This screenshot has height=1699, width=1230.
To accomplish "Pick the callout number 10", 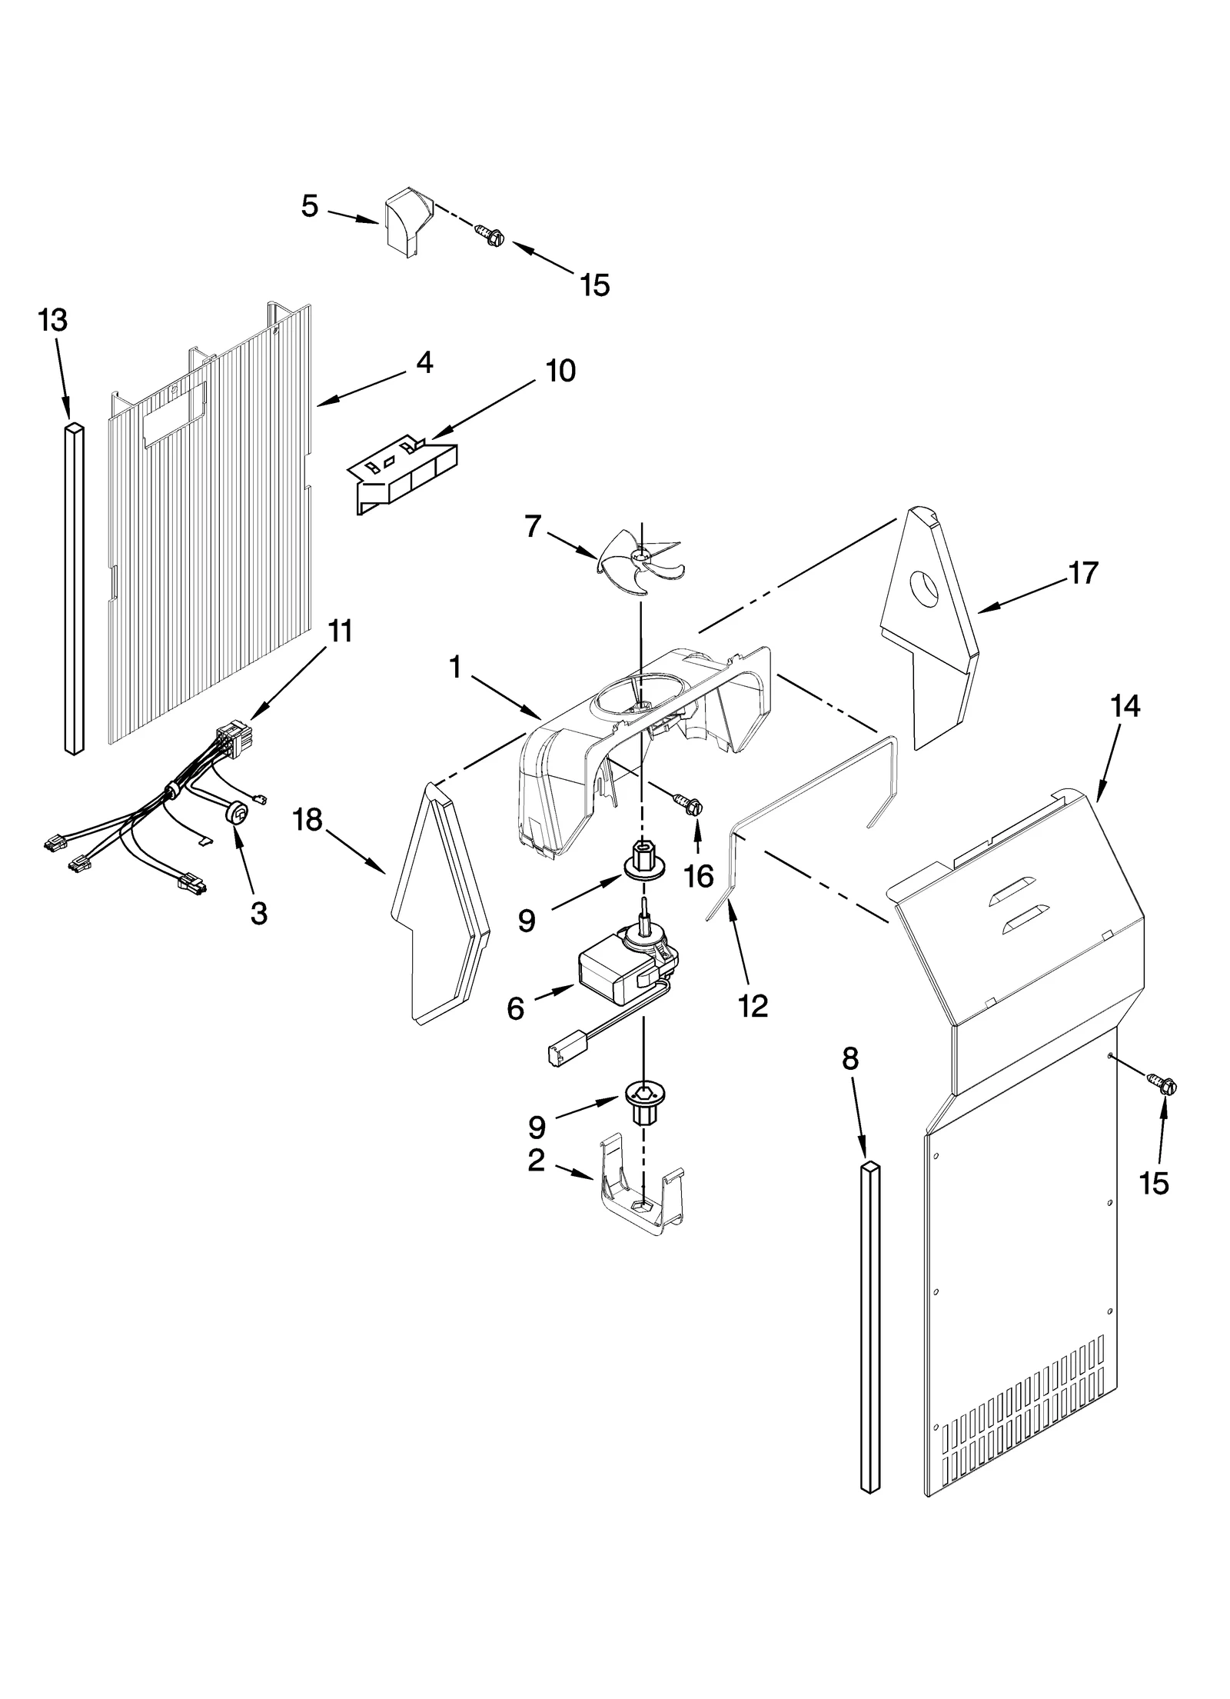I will [560, 371].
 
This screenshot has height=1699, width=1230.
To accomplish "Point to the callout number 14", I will [1125, 705].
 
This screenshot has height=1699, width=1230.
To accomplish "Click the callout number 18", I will [307, 820].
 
